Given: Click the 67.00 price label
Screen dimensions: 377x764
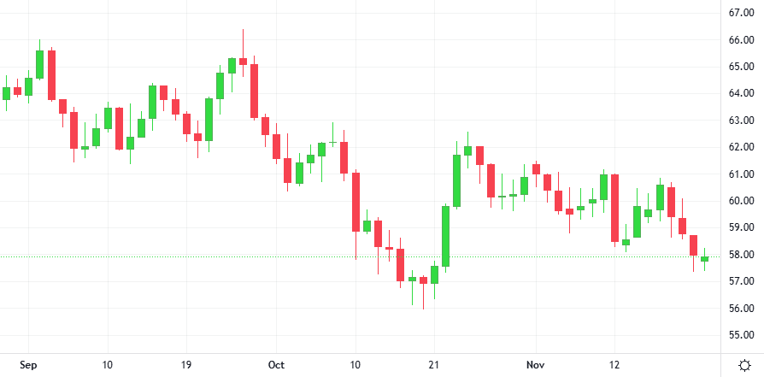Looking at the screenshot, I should coord(739,12).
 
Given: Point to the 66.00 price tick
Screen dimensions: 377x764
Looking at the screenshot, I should coord(739,39).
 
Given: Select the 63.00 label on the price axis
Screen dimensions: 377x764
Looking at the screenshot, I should coord(739,121).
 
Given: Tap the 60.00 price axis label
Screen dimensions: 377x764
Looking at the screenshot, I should coord(739,201).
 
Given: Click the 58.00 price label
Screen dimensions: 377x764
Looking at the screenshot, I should coord(739,255).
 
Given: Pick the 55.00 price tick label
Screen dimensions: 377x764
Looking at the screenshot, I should coord(739,335).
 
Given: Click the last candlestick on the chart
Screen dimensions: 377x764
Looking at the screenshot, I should coord(705,258).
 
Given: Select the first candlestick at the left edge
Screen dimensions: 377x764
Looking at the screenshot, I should coord(6,93).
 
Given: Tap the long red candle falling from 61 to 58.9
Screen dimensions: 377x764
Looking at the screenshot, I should coord(356,202).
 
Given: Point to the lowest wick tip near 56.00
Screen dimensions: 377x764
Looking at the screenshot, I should coord(423,309).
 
